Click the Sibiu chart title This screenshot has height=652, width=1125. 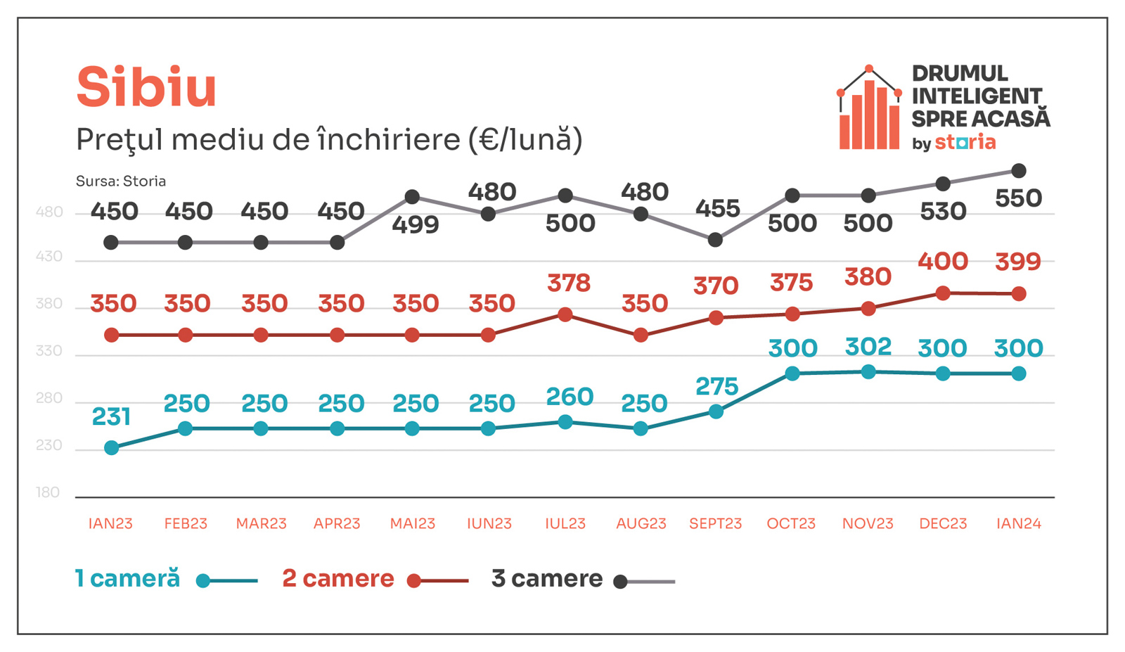146,87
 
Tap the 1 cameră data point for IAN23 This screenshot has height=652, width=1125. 111,448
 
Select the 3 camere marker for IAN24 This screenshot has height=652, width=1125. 1018,171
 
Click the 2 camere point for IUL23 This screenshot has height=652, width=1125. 565,314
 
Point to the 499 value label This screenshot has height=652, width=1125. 416,225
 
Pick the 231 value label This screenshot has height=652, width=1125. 111,417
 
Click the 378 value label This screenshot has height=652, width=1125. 569,283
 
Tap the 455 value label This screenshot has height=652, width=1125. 717,209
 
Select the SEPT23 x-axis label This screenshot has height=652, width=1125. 715,523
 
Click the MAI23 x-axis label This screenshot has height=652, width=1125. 413,523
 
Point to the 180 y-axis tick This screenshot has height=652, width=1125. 48,492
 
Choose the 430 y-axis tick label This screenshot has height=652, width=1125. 49,257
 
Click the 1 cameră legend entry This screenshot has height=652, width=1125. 127,579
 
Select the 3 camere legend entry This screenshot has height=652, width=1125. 547,579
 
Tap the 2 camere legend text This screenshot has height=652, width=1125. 338,579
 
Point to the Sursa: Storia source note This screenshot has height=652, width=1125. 121,181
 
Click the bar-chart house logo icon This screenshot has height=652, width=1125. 869,109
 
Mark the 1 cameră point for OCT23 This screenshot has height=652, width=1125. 792,373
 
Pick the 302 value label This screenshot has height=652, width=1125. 868,347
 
